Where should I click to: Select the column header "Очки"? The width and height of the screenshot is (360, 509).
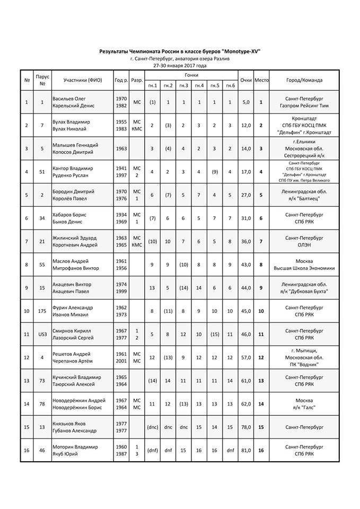pos(245,80)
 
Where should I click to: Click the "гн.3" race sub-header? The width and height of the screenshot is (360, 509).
pos(183,85)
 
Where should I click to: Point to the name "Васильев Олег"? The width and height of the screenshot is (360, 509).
pos(69,99)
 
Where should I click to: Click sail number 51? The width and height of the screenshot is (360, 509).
pos(42,172)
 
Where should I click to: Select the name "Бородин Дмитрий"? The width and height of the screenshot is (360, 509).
pos(73,192)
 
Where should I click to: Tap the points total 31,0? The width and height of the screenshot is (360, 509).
pos(245,218)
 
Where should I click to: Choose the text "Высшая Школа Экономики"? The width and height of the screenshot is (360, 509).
pos(303,268)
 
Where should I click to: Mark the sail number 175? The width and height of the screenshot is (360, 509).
pos(42,311)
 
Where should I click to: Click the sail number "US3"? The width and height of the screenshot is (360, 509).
pos(42,334)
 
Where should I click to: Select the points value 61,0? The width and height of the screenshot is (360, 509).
pos(245,381)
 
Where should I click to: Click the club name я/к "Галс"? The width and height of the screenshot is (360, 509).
pos(303,407)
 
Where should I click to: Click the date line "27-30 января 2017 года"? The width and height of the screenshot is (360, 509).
pos(180,65)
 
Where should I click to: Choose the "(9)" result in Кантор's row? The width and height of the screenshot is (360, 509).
pos(214,172)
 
